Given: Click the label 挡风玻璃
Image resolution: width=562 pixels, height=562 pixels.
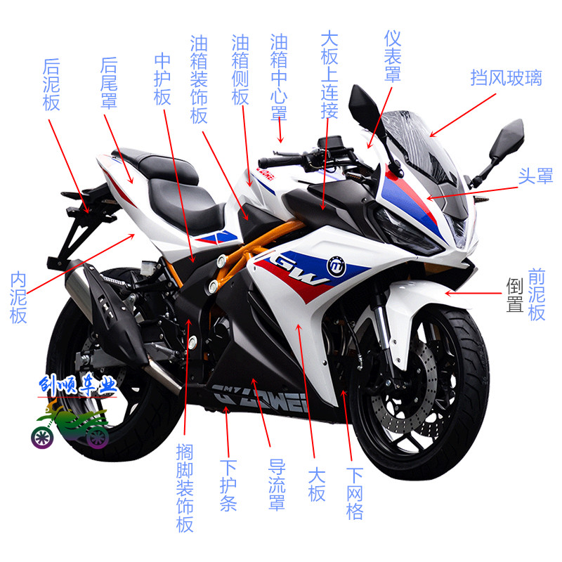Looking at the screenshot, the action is [x=506, y=77].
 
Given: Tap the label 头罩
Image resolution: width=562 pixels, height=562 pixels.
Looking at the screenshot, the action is [x=535, y=176].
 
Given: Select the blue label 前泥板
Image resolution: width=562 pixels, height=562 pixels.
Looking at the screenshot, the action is [x=537, y=294].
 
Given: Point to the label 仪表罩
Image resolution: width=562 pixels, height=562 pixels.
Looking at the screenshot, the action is [x=393, y=56].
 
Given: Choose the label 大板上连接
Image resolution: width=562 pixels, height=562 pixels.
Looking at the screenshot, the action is [x=329, y=74].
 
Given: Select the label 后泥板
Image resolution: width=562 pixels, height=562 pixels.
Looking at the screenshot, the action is [x=51, y=84].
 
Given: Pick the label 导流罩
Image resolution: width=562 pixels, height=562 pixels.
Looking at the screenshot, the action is [x=277, y=485].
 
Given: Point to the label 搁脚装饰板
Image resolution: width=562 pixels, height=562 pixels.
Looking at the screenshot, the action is [x=185, y=489].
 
